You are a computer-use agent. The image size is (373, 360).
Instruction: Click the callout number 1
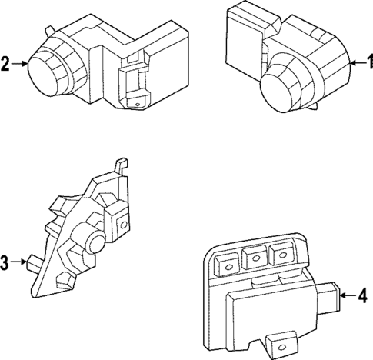(x=367, y=64)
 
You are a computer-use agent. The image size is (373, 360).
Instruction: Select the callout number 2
(x=6, y=65)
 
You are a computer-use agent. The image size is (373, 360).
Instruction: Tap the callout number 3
(x=5, y=263)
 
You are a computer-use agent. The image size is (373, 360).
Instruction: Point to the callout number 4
(x=366, y=294)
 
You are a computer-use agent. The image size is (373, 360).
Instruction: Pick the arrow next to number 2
(x=18, y=65)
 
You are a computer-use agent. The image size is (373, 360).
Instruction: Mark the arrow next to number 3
(x=18, y=263)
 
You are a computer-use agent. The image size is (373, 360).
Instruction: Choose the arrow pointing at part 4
(x=351, y=294)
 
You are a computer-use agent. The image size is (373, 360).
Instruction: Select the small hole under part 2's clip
(x=136, y=104)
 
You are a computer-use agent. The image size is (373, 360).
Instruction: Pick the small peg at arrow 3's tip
(x=33, y=262)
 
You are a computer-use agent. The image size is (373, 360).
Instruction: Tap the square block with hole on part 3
(x=120, y=224)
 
